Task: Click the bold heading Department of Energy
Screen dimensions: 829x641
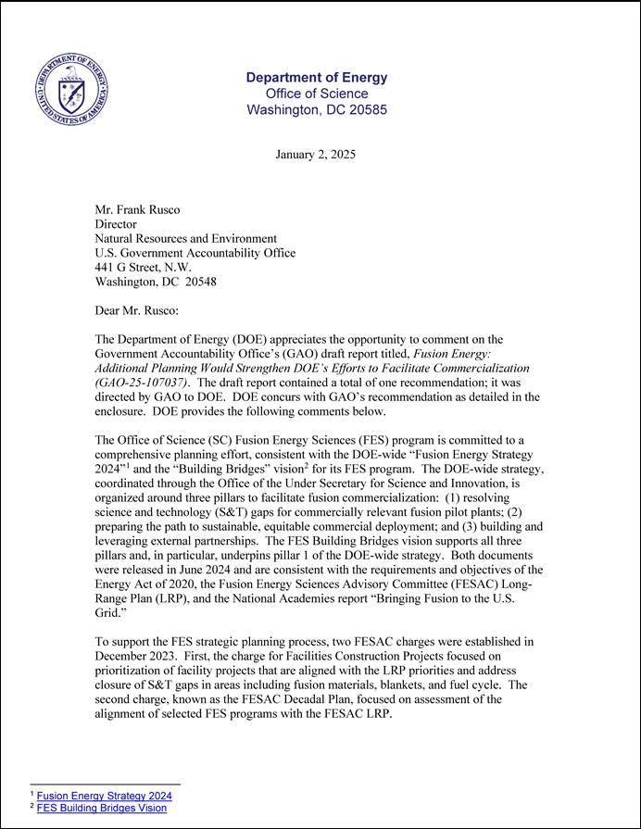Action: (x=317, y=78)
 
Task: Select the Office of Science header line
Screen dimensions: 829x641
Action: (x=317, y=94)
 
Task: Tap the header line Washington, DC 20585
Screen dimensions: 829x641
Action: (x=317, y=109)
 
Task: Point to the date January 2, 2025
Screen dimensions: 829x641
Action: (x=316, y=154)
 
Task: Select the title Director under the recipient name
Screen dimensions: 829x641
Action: (x=116, y=224)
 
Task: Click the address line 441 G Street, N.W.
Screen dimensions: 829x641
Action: (x=144, y=267)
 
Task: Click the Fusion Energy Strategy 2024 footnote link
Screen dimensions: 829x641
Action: (x=105, y=796)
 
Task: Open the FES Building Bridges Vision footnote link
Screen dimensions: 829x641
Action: (x=102, y=808)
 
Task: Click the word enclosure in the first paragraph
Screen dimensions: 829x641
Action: (x=125, y=410)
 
